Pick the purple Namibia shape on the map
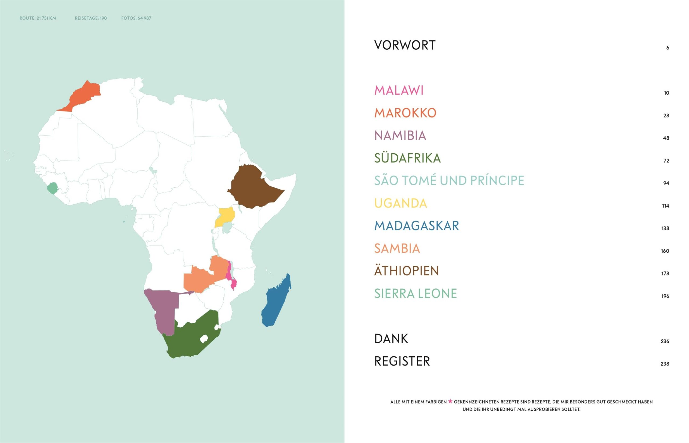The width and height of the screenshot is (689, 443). (164, 308)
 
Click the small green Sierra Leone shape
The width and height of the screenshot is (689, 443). (52, 189)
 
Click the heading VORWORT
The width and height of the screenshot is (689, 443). (405, 45)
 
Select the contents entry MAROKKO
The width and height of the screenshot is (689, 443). (405, 113)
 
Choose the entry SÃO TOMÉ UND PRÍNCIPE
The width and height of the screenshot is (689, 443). (449, 181)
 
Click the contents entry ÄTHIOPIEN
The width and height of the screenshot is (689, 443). (406, 271)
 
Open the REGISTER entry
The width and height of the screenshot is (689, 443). (402, 361)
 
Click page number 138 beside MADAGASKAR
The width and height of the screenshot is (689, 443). (665, 228)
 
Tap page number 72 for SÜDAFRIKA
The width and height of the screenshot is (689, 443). (666, 161)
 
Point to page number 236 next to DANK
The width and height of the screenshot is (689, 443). (665, 341)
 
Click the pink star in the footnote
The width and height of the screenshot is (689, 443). (450, 401)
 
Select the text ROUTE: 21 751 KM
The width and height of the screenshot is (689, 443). (38, 18)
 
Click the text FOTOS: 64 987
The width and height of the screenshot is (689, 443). (136, 18)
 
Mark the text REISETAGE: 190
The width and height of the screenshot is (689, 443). (91, 18)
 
